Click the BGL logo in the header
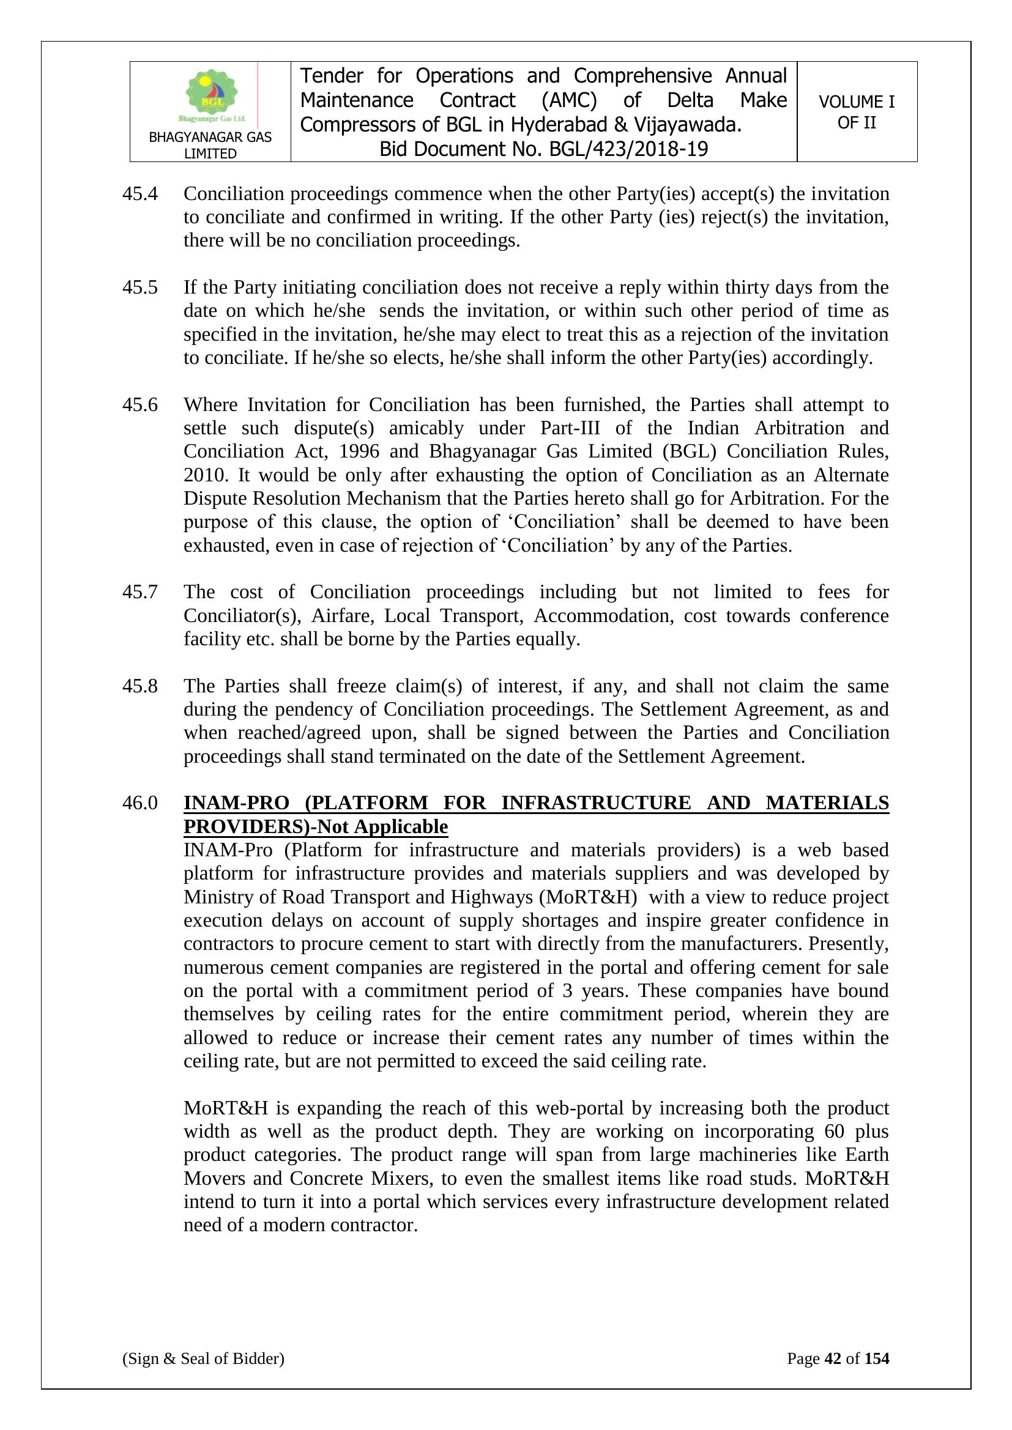point(212,95)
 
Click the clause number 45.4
point(140,194)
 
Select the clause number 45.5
point(140,287)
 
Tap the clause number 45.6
point(140,405)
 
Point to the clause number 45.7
point(140,591)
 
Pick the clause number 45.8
point(140,686)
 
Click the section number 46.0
point(140,803)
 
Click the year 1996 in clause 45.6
point(360,451)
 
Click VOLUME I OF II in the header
point(856,112)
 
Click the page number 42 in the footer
point(833,1358)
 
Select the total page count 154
point(876,1358)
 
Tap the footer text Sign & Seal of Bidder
point(203,1358)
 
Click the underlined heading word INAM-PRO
point(237,803)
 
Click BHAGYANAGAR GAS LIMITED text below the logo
point(210,145)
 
